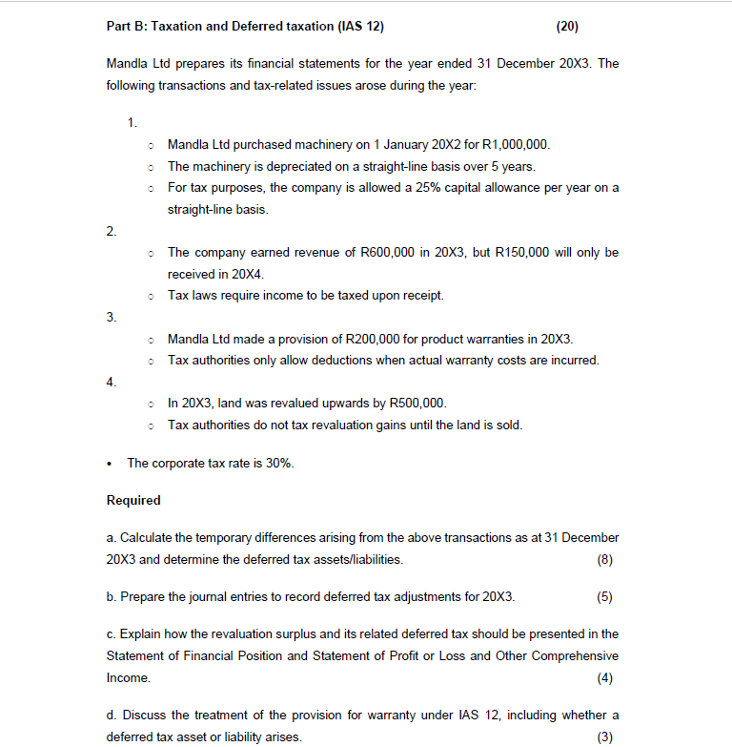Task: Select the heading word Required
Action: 133,500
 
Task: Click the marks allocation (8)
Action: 604,560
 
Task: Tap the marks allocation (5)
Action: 604,597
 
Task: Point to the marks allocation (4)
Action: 604,678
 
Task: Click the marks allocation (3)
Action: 604,737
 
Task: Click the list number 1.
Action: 132,122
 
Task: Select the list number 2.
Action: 112,231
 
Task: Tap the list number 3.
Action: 112,318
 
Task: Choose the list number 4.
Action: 112,382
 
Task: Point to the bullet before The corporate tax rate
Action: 112,464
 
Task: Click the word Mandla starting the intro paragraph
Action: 126,64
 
